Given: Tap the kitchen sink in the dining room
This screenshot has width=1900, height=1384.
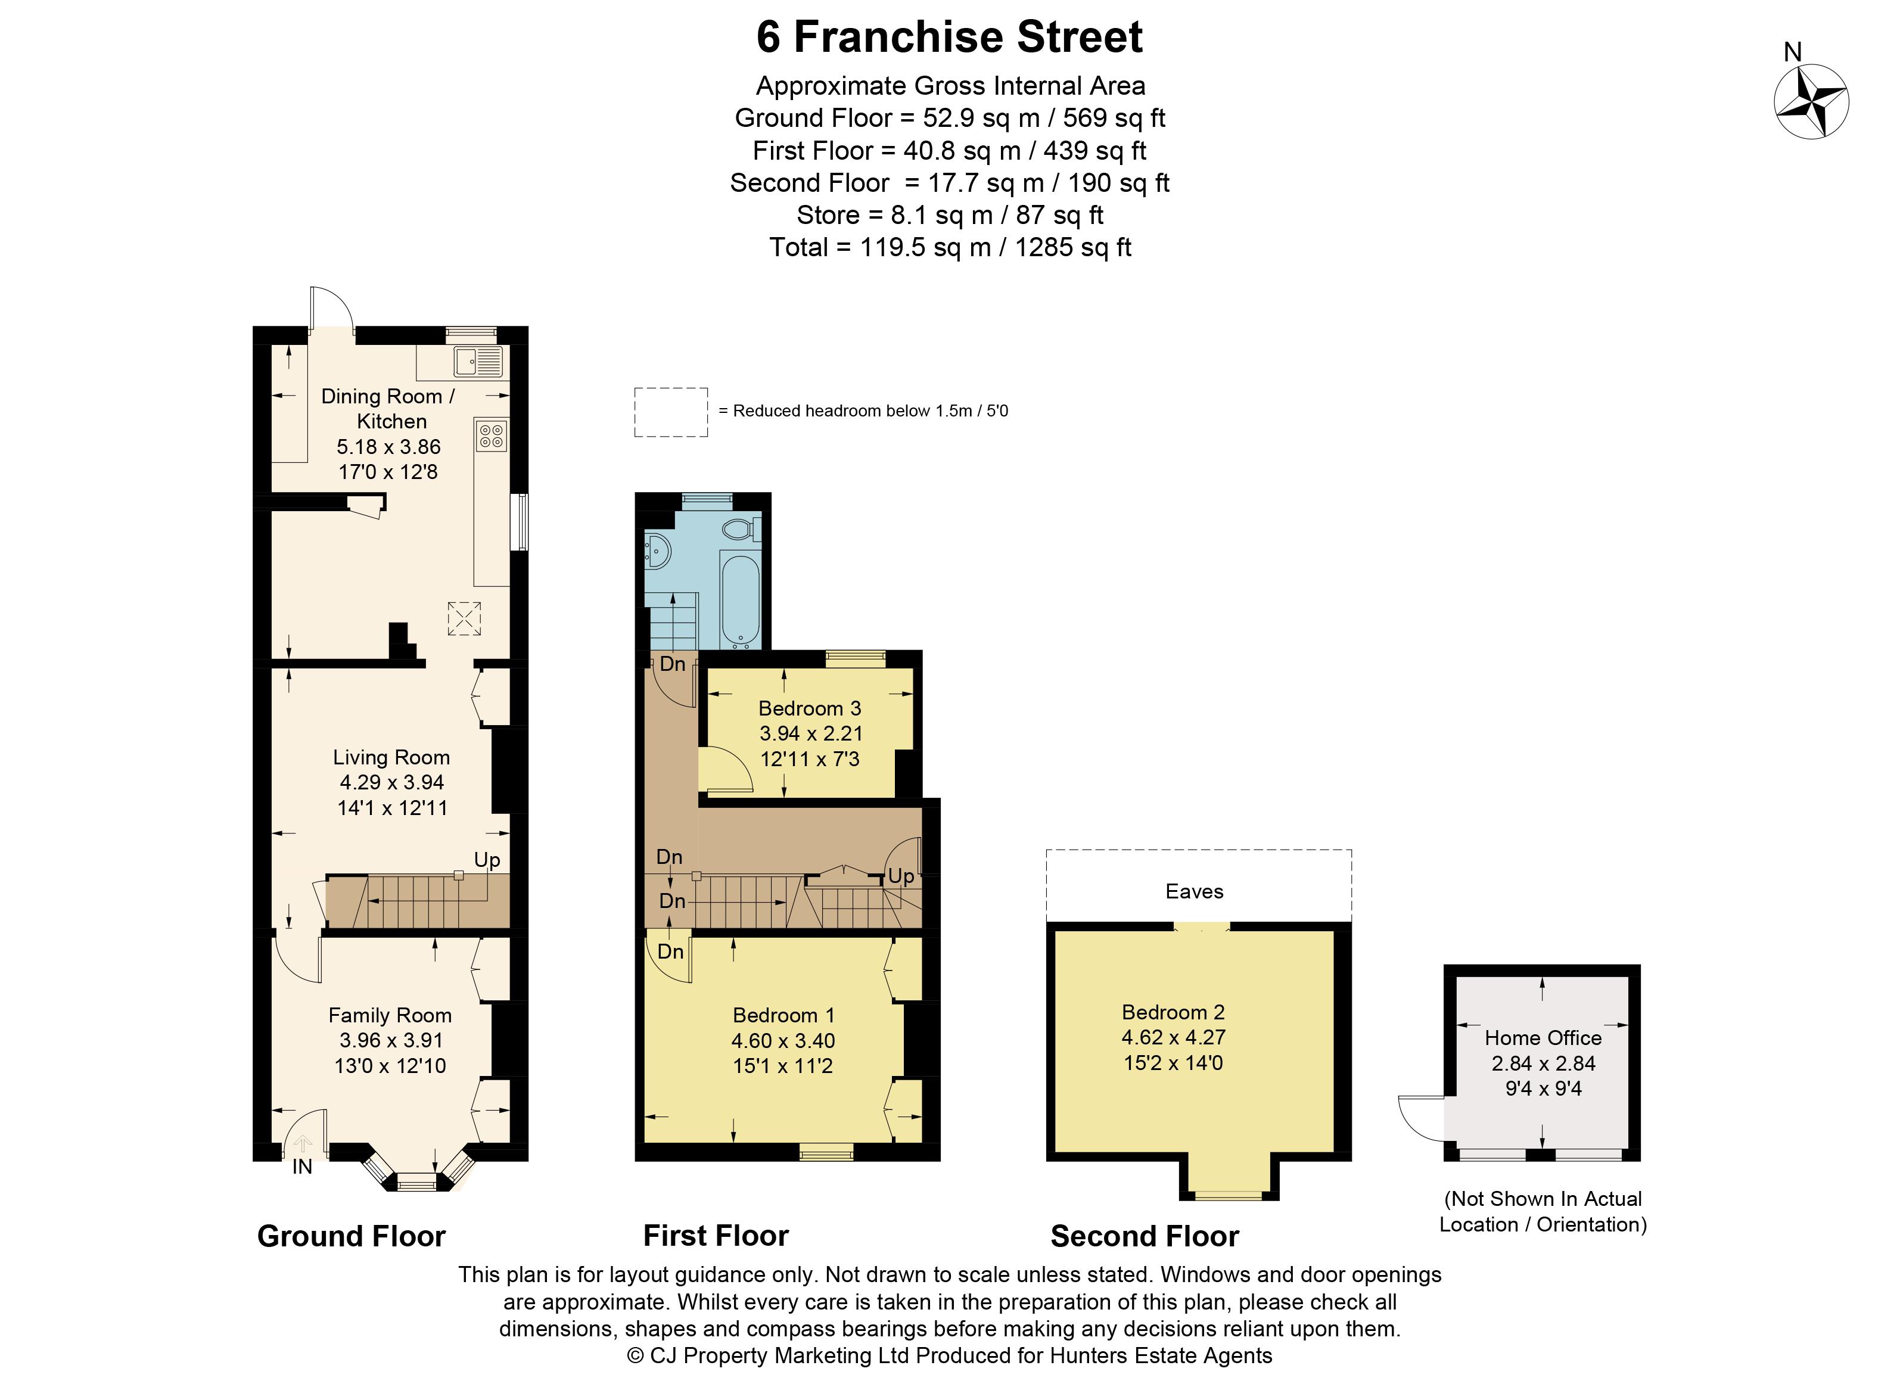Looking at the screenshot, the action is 477,362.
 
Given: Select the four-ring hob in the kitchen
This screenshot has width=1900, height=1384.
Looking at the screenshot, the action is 491,436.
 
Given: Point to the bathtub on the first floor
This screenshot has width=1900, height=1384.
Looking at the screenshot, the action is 741,602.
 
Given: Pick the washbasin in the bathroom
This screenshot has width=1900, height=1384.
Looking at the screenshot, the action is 658,551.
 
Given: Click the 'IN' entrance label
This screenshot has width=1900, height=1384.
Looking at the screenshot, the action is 303,1167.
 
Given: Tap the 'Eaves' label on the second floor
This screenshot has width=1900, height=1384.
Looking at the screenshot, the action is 1194,891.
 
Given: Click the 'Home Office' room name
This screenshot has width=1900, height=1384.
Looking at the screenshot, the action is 1543,1038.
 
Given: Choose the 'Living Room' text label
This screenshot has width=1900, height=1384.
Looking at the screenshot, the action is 391,757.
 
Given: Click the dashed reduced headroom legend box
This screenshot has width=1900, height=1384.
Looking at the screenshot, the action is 671,412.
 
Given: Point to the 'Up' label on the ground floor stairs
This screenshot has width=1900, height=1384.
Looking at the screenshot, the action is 487,860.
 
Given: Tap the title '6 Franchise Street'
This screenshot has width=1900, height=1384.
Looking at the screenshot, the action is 950,37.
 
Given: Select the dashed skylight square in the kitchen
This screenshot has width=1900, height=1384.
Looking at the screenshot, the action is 464,618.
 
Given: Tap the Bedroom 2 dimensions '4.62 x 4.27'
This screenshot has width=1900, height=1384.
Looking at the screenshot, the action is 1174,1037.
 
